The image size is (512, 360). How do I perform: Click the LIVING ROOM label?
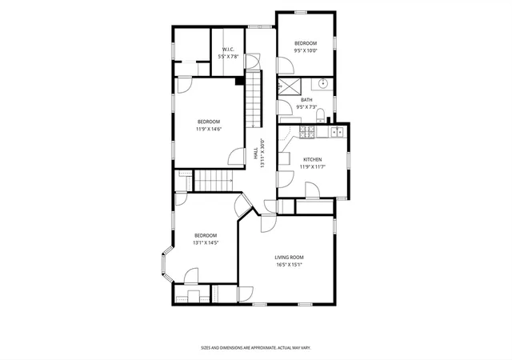tap(289, 258)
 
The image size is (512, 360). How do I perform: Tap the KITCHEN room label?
tap(313, 160)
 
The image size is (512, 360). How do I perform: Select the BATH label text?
tap(306, 100)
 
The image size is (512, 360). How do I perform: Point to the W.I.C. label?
tap(228, 50)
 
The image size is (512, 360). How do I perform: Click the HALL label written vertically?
tap(256, 154)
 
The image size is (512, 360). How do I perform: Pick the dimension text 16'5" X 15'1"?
tap(289, 265)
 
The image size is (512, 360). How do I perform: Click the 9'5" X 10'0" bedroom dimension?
tap(306, 50)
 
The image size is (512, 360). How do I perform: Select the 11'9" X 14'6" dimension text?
tap(209, 129)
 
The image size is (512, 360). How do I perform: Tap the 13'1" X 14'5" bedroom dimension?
tap(206, 242)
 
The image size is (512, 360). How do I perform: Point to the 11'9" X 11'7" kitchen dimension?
tap(313, 167)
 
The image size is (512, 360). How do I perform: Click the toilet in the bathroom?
tap(320, 115)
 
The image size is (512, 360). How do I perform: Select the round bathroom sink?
tap(322, 84)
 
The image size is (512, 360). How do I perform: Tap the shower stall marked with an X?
tap(289, 86)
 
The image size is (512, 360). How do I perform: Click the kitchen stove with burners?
tap(307, 132)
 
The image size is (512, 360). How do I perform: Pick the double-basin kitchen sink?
tap(337, 132)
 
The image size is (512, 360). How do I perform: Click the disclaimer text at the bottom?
tap(256, 348)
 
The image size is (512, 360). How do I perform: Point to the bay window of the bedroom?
tap(167, 264)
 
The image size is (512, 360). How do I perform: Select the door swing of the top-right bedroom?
tap(286, 66)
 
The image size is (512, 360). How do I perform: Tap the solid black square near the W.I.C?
tap(240, 81)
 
